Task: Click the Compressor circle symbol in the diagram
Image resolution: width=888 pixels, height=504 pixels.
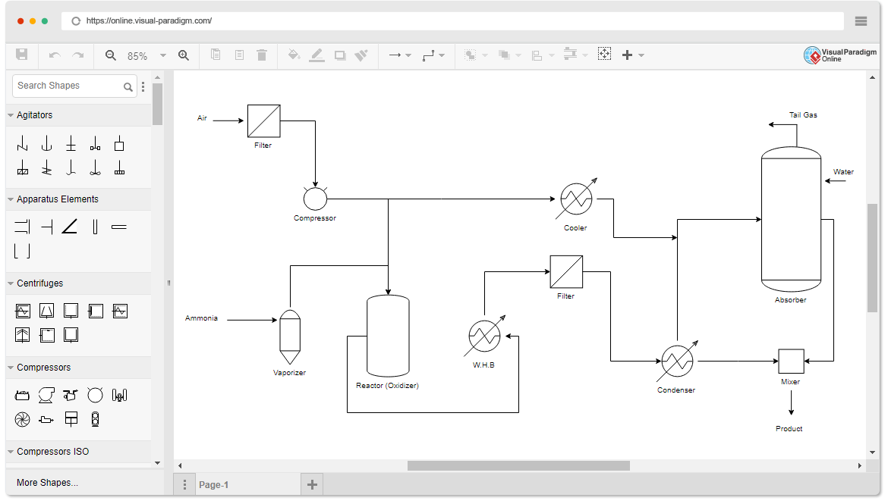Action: [x=315, y=199]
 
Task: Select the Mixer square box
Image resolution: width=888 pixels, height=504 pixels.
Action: [x=791, y=361]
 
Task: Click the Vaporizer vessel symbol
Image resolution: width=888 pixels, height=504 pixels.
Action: [x=290, y=337]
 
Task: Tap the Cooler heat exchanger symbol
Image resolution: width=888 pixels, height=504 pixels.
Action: [x=576, y=199]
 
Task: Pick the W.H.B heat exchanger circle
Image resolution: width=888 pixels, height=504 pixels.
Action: [x=484, y=336]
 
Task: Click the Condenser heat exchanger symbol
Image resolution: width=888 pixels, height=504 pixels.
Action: [x=677, y=361]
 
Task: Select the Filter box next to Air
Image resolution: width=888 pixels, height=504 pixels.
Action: [x=264, y=121]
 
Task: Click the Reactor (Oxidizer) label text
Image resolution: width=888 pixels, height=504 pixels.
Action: [x=387, y=386]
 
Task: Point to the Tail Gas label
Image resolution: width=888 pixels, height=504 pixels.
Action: [x=803, y=115]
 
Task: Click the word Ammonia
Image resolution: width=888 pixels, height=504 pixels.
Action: [x=201, y=318]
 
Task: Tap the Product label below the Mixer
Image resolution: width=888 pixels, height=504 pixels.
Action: [x=789, y=429]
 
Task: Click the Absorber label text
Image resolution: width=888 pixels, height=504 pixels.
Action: [x=791, y=300]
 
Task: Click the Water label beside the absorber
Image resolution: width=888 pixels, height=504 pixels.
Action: [x=843, y=172]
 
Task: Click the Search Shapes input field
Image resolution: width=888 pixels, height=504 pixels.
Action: [x=69, y=86]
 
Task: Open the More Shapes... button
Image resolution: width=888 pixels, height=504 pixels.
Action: [x=48, y=483]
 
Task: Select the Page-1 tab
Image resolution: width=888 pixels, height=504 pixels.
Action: [x=213, y=485]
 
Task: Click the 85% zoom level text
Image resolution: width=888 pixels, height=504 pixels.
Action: [x=137, y=56]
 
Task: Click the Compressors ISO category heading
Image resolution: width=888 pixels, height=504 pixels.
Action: [x=52, y=452]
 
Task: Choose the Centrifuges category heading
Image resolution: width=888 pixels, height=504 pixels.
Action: [x=39, y=283]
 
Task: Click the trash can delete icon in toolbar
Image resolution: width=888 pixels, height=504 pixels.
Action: [x=262, y=55]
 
